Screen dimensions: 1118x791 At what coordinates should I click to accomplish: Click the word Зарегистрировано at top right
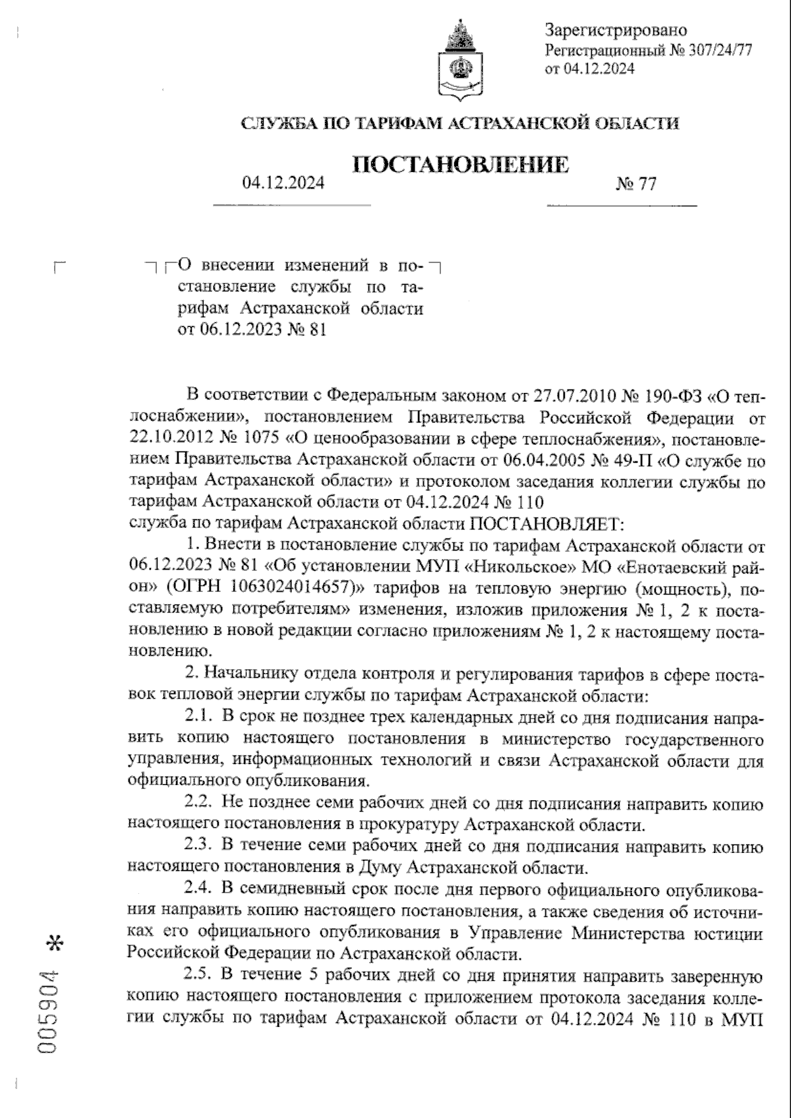(616, 30)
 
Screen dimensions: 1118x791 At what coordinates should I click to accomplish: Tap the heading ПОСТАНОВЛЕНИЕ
(461, 164)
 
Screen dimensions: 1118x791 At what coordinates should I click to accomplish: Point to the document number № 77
(636, 184)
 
